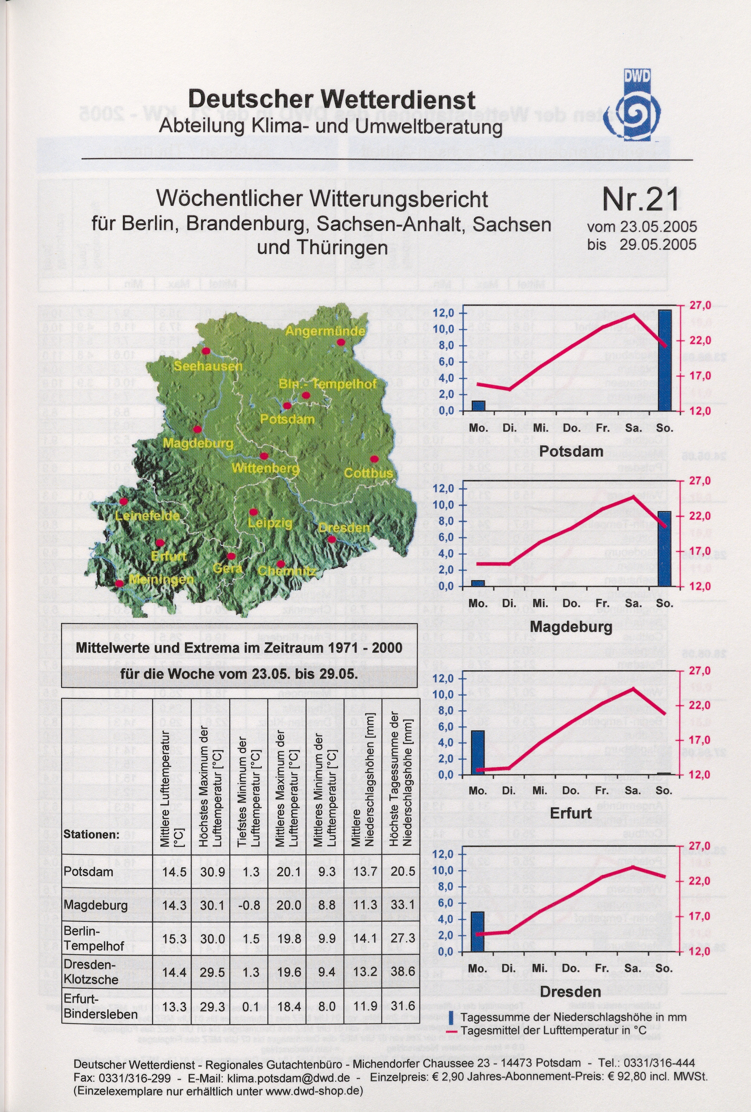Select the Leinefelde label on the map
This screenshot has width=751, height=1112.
click(147, 516)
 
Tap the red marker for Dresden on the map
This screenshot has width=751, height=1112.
click(331, 539)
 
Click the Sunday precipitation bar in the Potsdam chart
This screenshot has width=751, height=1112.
click(664, 360)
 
